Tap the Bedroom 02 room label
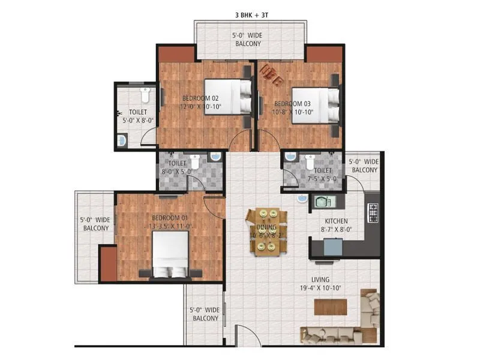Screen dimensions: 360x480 pos(200,103)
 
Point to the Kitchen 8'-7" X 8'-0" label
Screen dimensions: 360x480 pos(335,225)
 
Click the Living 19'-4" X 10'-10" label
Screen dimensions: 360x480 pos(329,284)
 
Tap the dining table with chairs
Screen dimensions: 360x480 pos(263,230)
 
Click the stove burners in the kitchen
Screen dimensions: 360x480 pos(373,211)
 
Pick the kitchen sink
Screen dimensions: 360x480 pos(322,202)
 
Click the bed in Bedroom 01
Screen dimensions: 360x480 pos(170,254)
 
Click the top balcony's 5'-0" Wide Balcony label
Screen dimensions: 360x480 pos(247,40)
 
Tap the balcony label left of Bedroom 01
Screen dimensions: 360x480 pos(95,224)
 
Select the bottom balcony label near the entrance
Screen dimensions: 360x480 pos(205,314)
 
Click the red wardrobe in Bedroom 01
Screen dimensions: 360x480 pos(108,264)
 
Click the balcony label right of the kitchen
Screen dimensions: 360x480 pos(364,166)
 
